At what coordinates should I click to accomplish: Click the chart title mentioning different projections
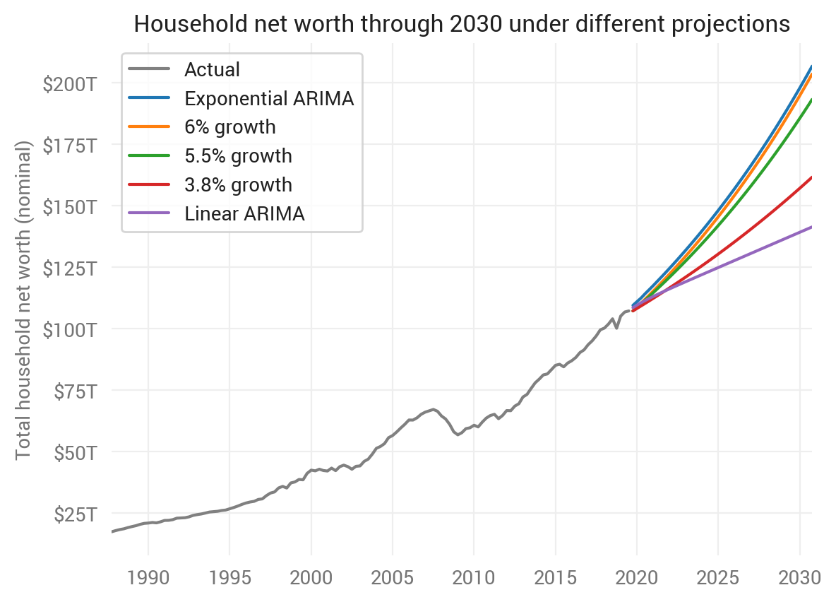click(x=462, y=24)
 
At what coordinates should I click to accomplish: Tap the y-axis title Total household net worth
click(x=24, y=300)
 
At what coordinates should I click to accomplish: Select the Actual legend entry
click(x=212, y=70)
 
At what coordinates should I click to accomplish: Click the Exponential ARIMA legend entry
click(x=268, y=99)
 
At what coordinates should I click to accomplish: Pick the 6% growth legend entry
click(x=229, y=127)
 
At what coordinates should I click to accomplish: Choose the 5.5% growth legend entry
click(x=238, y=156)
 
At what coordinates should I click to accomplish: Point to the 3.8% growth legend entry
click(x=238, y=185)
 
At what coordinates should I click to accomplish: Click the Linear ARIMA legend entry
click(x=244, y=214)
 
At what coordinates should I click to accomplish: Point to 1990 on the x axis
click(x=148, y=577)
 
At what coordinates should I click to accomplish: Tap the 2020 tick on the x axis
click(x=637, y=577)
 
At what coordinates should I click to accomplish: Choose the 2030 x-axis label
click(x=799, y=577)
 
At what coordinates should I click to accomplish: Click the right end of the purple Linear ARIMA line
click(x=811, y=227)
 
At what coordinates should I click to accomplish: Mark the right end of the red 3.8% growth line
click(x=811, y=177)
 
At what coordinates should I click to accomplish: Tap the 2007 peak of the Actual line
click(x=433, y=409)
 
